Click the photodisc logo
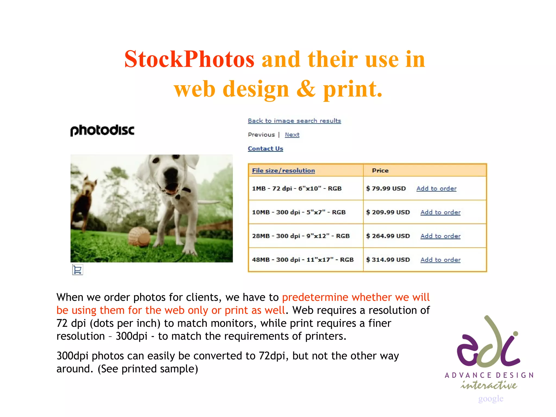(x=102, y=130)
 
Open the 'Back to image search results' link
(x=294, y=121)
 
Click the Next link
(x=292, y=135)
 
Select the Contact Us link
(x=265, y=149)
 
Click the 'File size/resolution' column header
(x=283, y=170)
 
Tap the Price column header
(x=380, y=170)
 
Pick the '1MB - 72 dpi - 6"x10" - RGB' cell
(x=296, y=188)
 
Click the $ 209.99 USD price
(x=388, y=212)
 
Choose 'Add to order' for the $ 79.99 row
(x=436, y=188)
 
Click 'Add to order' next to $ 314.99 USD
(x=440, y=260)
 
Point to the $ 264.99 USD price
(x=388, y=236)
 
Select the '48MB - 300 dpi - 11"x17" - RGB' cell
(x=303, y=260)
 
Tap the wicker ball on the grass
(x=140, y=236)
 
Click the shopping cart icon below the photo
(x=78, y=270)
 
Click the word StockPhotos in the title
(x=189, y=59)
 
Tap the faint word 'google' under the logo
(x=491, y=399)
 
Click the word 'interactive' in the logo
(x=489, y=385)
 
